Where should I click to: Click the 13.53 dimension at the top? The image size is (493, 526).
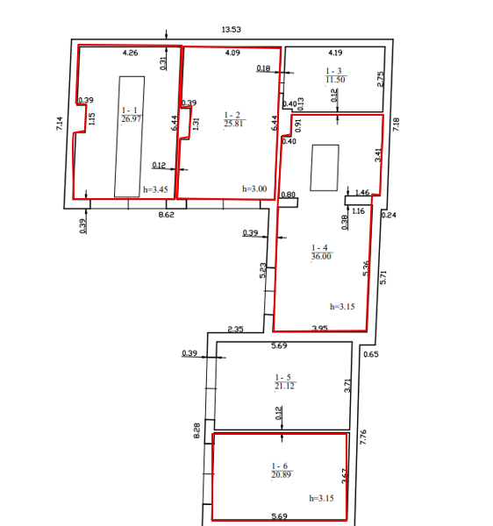coord(232,30)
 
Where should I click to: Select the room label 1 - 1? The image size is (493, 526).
coord(130,110)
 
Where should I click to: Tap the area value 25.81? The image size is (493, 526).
coord(233,124)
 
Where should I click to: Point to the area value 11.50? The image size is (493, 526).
coord(335,80)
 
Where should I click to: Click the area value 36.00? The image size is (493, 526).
coord(321,256)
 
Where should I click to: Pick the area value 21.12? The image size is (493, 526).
coord(284,386)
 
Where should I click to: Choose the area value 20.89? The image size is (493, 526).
coord(282,474)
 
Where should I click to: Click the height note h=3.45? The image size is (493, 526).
coord(155,189)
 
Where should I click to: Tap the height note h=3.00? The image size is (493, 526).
coord(254,188)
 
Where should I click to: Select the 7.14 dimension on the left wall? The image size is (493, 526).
coord(60,123)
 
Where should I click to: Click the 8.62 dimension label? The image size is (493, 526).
coord(166,215)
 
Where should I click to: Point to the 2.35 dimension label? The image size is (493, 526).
coord(235,329)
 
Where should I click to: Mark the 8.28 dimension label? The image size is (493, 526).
coord(196,430)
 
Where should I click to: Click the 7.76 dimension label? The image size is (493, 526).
coord(363,437)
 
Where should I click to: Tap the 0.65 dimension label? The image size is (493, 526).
coord(371,354)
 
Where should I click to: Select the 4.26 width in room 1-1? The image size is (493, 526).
coord(130,53)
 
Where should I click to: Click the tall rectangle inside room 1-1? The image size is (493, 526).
coord(130,137)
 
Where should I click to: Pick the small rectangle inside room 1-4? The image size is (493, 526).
coord(325,167)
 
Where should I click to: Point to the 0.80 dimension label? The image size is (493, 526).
coord(289,195)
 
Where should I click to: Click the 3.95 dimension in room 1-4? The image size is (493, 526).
coord(320,328)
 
